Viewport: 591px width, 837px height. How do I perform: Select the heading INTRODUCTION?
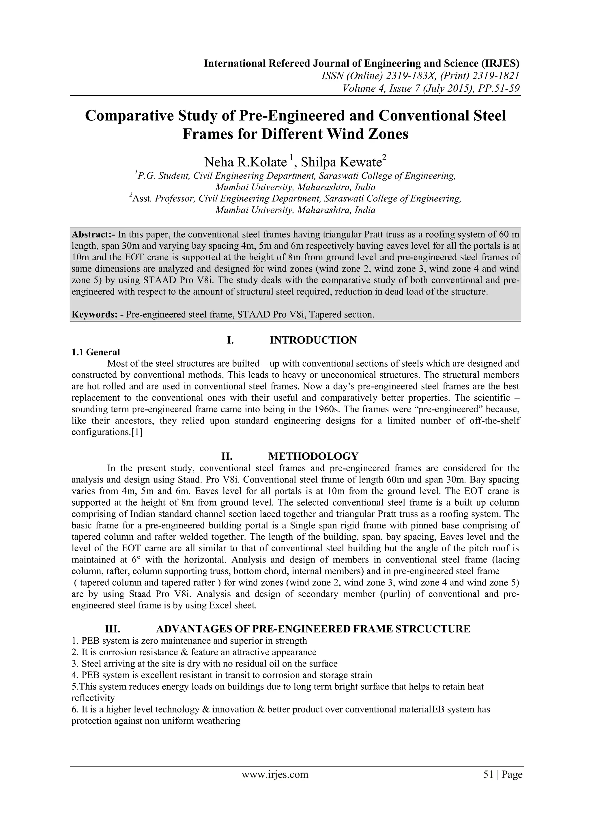click(x=313, y=340)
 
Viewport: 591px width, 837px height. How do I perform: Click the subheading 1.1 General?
click(x=96, y=352)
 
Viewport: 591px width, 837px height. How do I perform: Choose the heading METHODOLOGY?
click(x=313, y=456)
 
